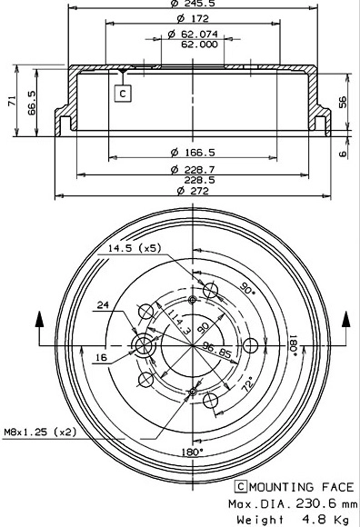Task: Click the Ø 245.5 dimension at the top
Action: pyautogui.click(x=190, y=5)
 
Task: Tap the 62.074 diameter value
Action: pyautogui.click(x=195, y=34)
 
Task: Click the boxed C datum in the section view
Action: pyautogui.click(x=122, y=91)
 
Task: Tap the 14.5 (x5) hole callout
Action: pyautogui.click(x=133, y=247)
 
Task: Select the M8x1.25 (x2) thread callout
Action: pyautogui.click(x=40, y=433)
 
